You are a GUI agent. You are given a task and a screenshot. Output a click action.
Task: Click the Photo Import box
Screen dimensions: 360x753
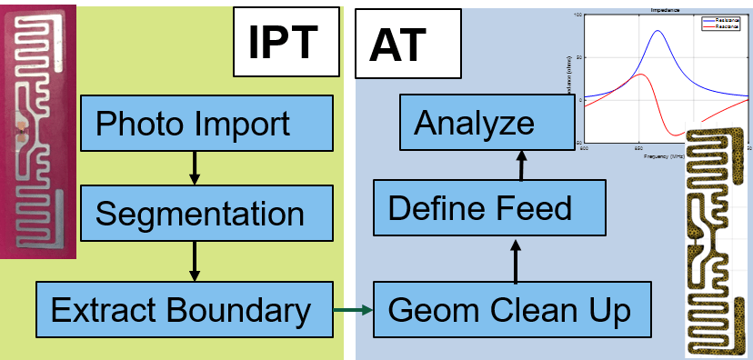pyautogui.click(x=193, y=122)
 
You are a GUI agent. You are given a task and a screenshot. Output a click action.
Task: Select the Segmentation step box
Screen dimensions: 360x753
pyautogui.click(x=200, y=214)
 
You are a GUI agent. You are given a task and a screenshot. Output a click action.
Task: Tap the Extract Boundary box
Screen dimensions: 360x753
pyautogui.click(x=180, y=310)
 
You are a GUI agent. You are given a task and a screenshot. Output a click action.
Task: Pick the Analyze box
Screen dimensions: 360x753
pyautogui.click(x=474, y=122)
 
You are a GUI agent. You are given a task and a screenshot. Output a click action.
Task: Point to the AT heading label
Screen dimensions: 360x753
pyautogui.click(x=398, y=44)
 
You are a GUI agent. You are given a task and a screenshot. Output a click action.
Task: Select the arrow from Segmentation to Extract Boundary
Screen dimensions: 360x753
pyautogui.click(x=193, y=261)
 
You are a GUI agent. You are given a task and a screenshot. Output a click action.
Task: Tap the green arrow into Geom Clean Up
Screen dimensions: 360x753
pyautogui.click(x=352, y=310)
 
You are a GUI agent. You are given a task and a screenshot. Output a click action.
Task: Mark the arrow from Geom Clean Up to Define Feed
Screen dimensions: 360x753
pyautogui.click(x=516, y=259)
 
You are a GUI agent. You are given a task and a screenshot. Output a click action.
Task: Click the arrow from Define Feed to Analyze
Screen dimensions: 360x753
pyautogui.click(x=522, y=165)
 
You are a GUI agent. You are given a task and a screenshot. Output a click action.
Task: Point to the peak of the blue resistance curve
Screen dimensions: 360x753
pyautogui.click(x=657, y=31)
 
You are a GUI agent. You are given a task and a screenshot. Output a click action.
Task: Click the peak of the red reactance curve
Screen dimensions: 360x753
pyautogui.click(x=640, y=75)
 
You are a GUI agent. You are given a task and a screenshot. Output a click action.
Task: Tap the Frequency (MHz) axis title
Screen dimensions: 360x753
pyautogui.click(x=665, y=155)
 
